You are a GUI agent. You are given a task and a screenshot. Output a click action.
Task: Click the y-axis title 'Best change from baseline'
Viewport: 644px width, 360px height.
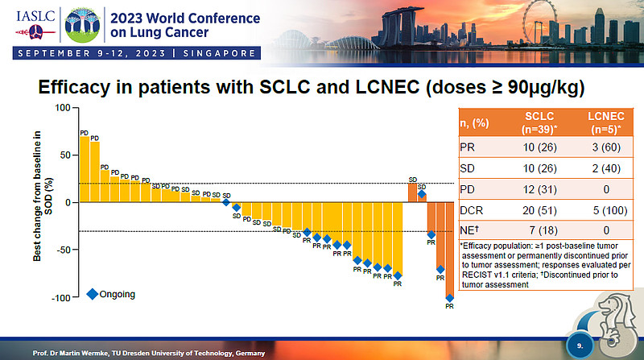coord(38,201)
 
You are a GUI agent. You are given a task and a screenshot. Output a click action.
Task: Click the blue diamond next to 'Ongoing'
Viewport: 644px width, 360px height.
coord(92,293)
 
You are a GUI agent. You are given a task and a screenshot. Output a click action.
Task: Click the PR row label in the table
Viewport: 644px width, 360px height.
coord(469,148)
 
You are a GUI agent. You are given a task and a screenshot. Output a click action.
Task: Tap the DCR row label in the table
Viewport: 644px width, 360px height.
coord(471,211)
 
